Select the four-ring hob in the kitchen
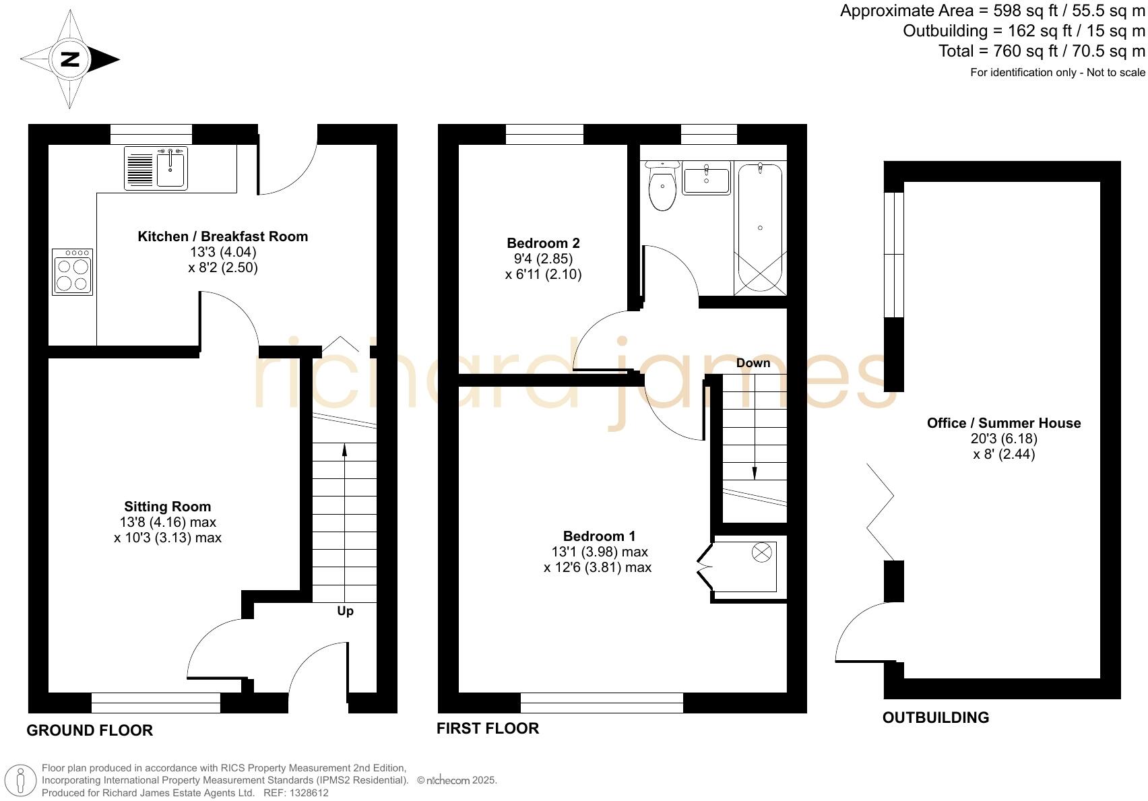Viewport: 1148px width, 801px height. pos(72,272)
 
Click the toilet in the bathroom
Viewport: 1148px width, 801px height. pos(662,188)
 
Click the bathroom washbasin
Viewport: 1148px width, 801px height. pos(706,181)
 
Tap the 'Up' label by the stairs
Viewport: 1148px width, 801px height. pos(345,611)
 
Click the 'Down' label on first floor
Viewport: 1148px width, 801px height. pos(753,363)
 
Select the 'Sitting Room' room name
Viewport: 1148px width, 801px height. pos(167,507)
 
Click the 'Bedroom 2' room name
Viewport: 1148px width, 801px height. pos(543,243)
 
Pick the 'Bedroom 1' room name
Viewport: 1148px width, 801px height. pos(599,536)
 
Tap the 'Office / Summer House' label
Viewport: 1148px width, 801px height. pos(1003,423)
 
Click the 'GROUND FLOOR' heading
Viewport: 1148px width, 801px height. pos(90,730)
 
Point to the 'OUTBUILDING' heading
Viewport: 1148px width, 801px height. pos(935,717)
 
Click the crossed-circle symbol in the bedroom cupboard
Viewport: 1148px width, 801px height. pos(761,553)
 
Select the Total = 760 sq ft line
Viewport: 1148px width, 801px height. pos(1042,51)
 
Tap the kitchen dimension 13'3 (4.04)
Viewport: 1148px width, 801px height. pos(223,252)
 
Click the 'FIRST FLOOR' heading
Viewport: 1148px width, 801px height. pos(487,728)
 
